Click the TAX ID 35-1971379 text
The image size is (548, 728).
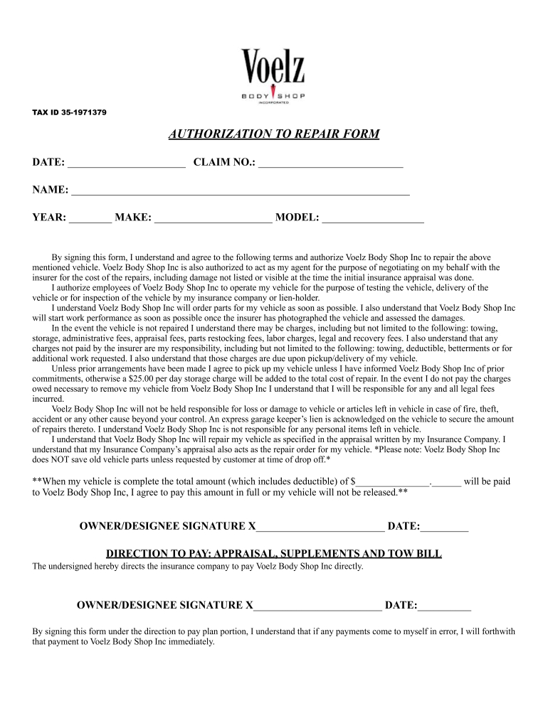click(70, 112)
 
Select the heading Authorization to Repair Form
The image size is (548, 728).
click(274, 134)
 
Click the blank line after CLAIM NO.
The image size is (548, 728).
click(331, 164)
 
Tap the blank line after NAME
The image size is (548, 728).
click(241, 191)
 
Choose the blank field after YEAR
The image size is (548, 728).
click(90, 218)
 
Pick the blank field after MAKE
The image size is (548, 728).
click(213, 218)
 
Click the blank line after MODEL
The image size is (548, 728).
click(373, 218)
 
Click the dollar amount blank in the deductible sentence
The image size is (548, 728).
click(394, 482)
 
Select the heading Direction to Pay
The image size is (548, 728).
click(273, 554)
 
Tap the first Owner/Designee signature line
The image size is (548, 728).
click(320, 527)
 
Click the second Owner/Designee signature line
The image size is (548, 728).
click(317, 606)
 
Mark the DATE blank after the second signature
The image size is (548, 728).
click(445, 606)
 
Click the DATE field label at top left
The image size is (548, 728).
click(48, 164)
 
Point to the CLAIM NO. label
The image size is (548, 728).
click(224, 164)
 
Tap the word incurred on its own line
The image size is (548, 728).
click(48, 399)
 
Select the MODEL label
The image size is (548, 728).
click(297, 218)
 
